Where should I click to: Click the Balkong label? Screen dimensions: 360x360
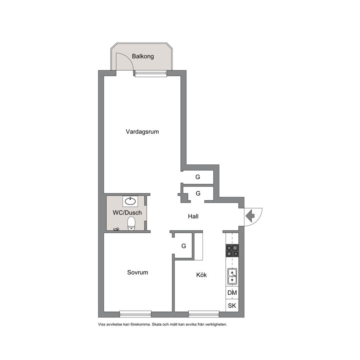click(143, 57)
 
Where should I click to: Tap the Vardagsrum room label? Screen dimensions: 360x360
click(142, 132)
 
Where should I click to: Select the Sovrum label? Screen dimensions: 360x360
click(138, 273)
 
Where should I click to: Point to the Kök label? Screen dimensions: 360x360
click(201, 275)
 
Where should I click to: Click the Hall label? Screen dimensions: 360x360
click(193, 216)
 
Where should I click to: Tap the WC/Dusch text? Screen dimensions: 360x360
click(127, 213)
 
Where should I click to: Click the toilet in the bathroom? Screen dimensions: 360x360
click(131, 224)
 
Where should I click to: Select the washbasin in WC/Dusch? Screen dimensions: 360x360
click(130, 201)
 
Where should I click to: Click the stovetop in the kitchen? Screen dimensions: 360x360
click(232, 250)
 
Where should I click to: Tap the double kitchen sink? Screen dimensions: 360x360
click(232, 277)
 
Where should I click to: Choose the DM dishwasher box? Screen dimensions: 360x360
click(232, 293)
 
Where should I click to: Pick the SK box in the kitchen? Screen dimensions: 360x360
click(232, 306)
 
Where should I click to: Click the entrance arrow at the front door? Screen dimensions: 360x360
click(250, 216)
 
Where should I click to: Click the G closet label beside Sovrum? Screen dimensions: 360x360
click(184, 246)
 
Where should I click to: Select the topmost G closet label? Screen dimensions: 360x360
click(198, 177)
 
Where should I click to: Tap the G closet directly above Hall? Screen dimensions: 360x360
click(198, 193)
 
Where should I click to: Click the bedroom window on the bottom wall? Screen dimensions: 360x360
click(135, 314)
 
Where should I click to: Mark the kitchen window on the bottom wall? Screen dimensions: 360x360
click(204, 314)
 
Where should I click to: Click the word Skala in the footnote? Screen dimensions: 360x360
click(156, 324)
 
